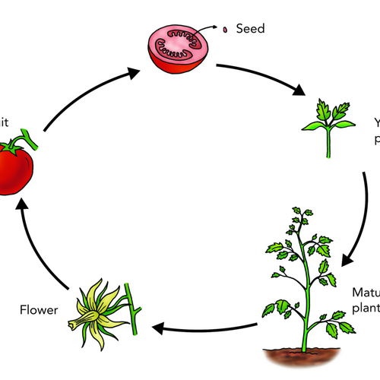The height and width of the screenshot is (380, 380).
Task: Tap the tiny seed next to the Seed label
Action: coord(226,31)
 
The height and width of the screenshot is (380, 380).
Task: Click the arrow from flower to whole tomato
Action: coord(38,243)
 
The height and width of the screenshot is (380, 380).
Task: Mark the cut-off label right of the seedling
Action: coord(376,130)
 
